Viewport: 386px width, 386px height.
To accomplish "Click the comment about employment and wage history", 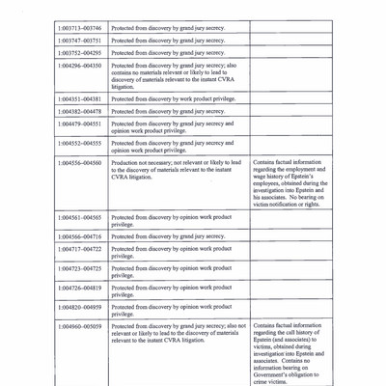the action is pyautogui.click(x=289, y=183).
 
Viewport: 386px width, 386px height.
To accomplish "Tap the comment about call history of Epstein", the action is pyautogui.click(x=289, y=353).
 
